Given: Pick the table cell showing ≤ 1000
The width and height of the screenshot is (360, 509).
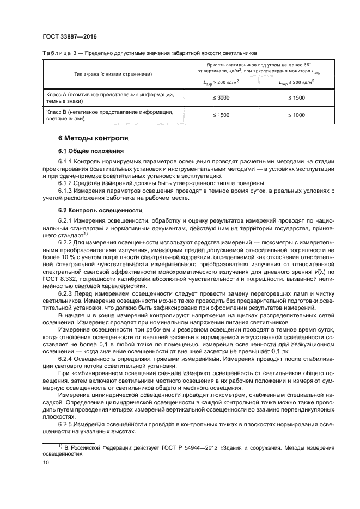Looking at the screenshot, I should pyautogui.click(x=296, y=116).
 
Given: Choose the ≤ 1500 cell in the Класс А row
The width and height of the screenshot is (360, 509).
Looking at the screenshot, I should pyautogui.click(x=296, y=97).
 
